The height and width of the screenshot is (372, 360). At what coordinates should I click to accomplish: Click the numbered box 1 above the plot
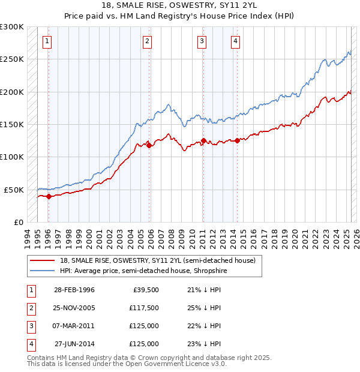[47, 41]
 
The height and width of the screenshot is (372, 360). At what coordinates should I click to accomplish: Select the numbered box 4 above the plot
[236, 41]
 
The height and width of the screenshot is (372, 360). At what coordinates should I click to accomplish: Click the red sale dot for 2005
[149, 145]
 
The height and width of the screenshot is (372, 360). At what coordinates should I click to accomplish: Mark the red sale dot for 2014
[237, 140]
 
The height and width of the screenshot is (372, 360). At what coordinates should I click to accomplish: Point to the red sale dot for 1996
[49, 196]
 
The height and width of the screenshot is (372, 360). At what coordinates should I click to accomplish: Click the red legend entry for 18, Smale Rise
[158, 260]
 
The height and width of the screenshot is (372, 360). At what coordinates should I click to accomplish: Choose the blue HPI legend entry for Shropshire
[143, 271]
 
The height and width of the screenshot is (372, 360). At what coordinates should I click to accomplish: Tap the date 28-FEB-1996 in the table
[74, 290]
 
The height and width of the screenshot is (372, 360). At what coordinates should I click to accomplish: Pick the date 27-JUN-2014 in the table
[74, 344]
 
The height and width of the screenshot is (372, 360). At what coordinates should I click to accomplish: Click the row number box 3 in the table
[31, 326]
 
